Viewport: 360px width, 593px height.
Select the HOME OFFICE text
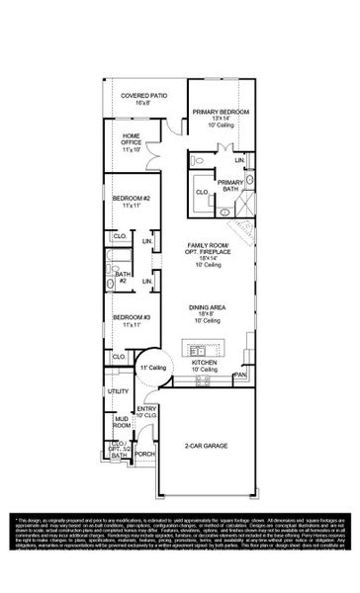[x=133, y=141]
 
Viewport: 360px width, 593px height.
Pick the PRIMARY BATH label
[x=230, y=186]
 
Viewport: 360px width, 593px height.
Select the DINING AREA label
[x=209, y=313]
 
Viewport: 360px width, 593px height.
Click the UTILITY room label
[x=120, y=392]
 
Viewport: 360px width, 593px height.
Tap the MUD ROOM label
[x=121, y=423]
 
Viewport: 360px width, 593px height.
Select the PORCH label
[x=145, y=455]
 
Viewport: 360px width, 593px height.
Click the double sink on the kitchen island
[x=198, y=351]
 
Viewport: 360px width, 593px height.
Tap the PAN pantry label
[x=238, y=376]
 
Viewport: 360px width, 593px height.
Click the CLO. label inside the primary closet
[x=202, y=192]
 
